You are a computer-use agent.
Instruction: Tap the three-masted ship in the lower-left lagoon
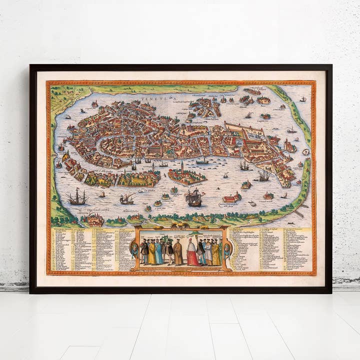[x=77, y=198]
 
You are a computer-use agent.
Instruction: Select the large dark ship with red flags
[x=193, y=197]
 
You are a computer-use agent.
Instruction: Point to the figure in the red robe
[x=192, y=253]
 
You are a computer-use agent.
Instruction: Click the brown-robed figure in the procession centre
[x=178, y=252]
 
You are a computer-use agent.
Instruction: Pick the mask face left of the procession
[x=134, y=248]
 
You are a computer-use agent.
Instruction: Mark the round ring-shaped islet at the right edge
[x=306, y=151]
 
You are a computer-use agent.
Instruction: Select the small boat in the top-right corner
[x=303, y=99]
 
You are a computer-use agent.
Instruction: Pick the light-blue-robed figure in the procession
[x=159, y=253]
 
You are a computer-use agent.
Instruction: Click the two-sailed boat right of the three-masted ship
[x=126, y=199]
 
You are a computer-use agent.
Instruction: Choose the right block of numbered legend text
[x=270, y=249]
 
